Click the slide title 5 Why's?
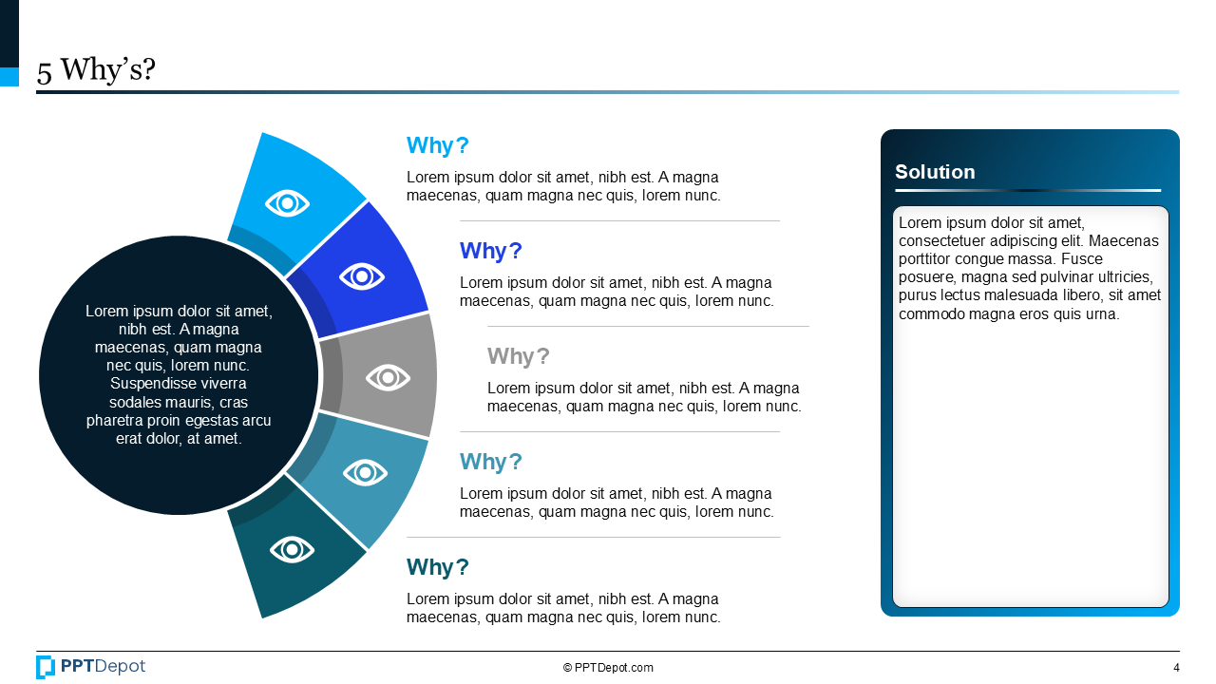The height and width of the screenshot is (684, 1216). [x=96, y=70]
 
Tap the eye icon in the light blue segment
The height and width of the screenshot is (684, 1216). [x=288, y=202]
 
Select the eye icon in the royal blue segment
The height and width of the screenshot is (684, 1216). [x=362, y=276]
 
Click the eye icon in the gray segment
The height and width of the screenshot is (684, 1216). [x=388, y=377]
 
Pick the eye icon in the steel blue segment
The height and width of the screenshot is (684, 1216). [x=365, y=472]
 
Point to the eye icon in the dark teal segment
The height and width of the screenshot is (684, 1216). [x=292, y=549]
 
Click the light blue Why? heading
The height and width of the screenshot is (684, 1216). [x=438, y=145]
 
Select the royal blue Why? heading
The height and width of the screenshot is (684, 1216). [x=491, y=251]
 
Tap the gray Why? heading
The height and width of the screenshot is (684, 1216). [x=519, y=356]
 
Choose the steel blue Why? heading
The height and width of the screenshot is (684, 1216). [x=491, y=462]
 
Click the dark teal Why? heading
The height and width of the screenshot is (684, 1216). [x=438, y=567]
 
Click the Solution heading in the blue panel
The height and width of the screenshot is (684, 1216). [x=935, y=172]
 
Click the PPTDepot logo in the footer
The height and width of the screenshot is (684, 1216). [x=91, y=667]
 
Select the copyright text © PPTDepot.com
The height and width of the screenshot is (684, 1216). [x=608, y=668]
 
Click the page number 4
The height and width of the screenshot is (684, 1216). [x=1176, y=668]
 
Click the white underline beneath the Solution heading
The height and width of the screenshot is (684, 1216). [x=1027, y=191]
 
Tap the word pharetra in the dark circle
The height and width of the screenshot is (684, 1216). [x=114, y=420]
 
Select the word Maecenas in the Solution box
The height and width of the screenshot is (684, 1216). [x=1128, y=241]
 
